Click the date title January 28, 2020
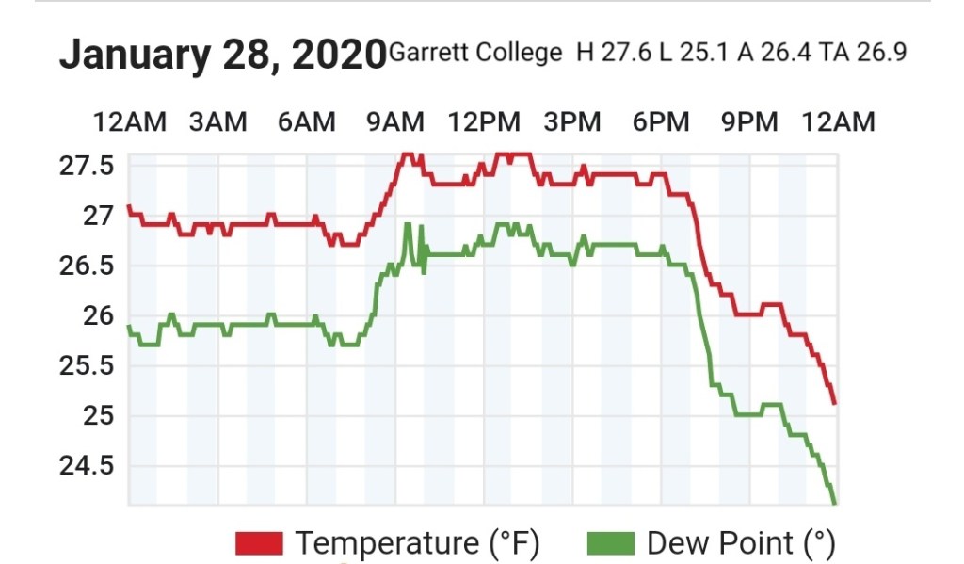[222, 55]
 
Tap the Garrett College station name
[474, 52]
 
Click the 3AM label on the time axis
[217, 121]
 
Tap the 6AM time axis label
[306, 121]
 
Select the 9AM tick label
[394, 121]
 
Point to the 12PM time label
[484, 121]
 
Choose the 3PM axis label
[572, 121]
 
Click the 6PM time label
[660, 121]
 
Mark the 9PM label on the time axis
[749, 121]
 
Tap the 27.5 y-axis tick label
[87, 166]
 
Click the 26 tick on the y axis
[98, 315]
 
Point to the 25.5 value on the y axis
[87, 365]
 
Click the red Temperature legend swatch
[259, 543]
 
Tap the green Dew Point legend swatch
[610, 543]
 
